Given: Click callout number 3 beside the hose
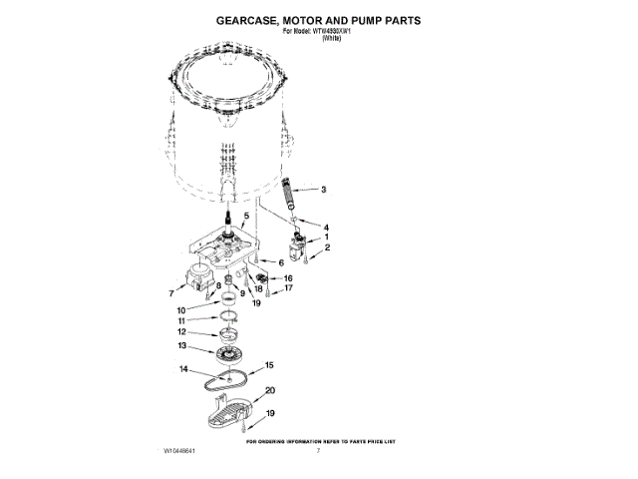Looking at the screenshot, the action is (x=322, y=189).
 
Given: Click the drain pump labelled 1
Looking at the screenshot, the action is (x=296, y=243).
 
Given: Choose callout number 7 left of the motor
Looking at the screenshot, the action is (x=170, y=294).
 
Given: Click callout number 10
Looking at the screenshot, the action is (x=181, y=310).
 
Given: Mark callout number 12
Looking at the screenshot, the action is (x=181, y=331).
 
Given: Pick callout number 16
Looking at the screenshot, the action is (x=288, y=278).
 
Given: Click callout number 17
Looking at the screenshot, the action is (x=288, y=288).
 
